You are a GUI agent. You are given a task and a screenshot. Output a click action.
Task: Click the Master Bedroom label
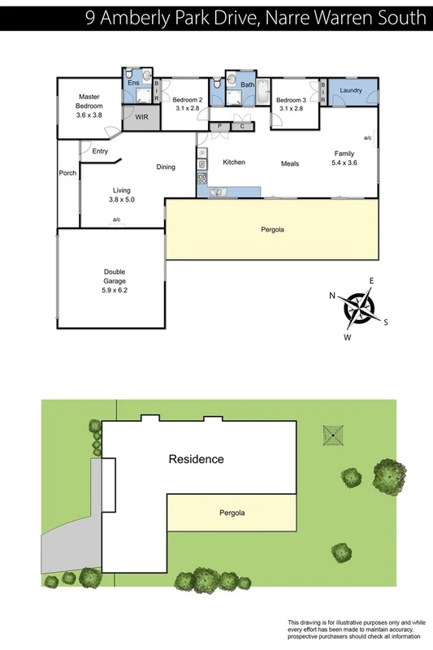(89, 102)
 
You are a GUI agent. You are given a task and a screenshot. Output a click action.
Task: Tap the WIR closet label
(141, 118)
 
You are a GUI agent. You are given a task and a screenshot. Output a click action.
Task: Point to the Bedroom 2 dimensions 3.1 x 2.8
(187, 107)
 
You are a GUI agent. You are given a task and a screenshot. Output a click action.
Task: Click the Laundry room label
(351, 90)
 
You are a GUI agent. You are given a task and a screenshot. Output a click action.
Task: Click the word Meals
(290, 163)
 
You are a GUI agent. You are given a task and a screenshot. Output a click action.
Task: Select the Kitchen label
(234, 162)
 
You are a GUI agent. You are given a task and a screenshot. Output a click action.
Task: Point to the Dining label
(166, 167)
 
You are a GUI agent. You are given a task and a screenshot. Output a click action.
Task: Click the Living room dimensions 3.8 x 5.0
(122, 199)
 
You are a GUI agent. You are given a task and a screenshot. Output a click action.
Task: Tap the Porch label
(67, 173)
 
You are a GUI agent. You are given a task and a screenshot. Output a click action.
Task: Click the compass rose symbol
(358, 306)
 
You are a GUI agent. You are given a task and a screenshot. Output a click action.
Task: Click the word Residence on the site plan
(196, 459)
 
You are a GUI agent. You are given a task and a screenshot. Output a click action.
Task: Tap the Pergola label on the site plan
(232, 513)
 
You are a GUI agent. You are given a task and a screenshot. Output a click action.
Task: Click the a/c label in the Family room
(367, 138)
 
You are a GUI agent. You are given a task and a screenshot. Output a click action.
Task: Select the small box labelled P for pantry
(219, 126)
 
